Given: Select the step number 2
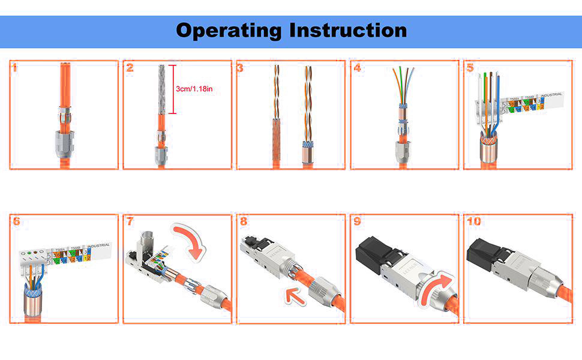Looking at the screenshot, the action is click(130, 68).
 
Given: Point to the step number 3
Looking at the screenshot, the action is click(240, 68).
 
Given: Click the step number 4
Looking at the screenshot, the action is click(358, 68).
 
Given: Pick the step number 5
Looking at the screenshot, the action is click(470, 68).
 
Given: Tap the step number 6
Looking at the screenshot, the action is click(16, 221).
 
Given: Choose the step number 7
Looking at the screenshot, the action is click(130, 221).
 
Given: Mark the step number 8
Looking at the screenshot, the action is click(243, 221).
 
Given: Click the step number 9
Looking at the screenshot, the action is click(357, 221).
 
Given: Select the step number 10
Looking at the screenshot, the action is click(474, 221).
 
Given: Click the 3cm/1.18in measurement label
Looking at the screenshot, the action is click(194, 89).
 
